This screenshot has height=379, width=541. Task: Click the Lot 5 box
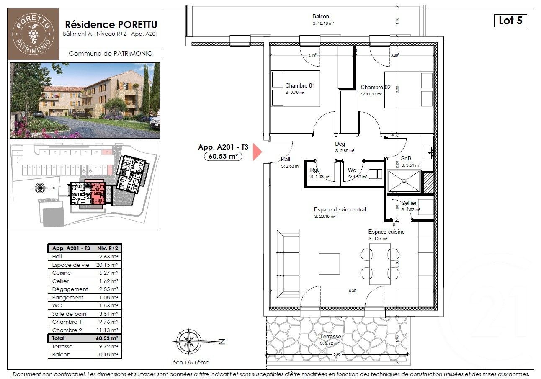pos(510,21)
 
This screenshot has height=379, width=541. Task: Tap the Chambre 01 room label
pos(300,85)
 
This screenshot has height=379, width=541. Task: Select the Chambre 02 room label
pos(376,87)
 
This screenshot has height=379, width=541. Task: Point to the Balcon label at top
pos(320,17)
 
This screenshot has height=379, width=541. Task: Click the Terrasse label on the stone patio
pos(330,337)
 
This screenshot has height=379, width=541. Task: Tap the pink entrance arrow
pos(256,152)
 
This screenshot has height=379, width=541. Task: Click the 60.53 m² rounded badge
pos(224,156)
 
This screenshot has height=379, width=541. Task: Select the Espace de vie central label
pos(340,210)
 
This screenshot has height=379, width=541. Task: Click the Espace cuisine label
pos(386,232)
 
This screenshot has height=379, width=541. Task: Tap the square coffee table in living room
pos(329,263)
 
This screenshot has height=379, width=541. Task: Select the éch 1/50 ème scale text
pos(191,362)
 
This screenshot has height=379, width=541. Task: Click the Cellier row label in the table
pos(60,281)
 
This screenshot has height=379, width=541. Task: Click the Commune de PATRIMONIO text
pos(110,53)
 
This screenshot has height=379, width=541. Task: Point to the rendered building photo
pos(85,101)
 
